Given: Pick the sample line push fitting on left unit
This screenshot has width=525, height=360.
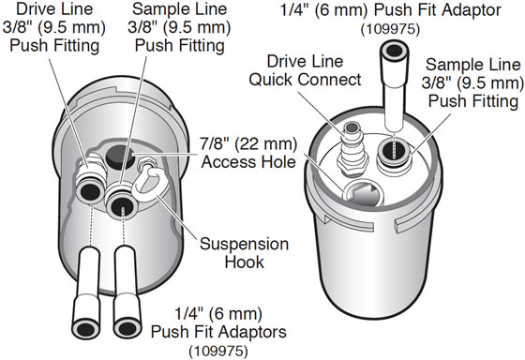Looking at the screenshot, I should [120, 198].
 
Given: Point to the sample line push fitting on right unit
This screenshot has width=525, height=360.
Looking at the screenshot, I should [394, 150].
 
